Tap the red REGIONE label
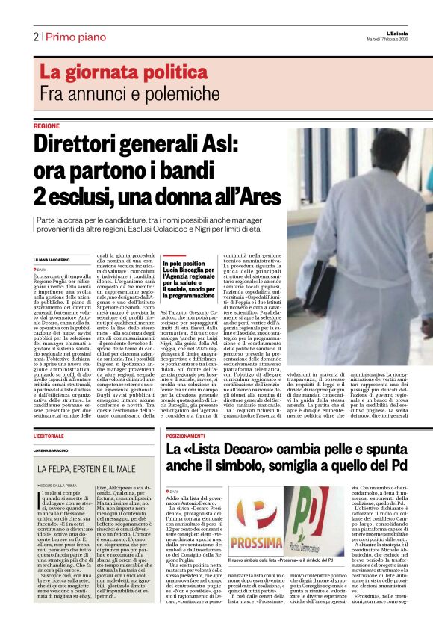[46, 126]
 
